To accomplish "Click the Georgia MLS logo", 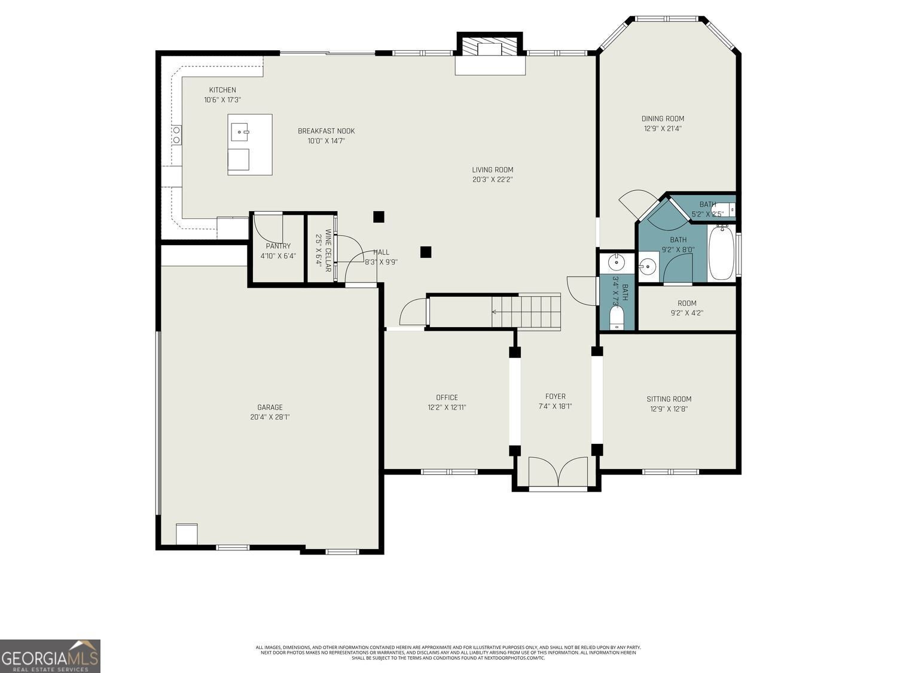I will tap(50, 656).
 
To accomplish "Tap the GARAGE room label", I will tap(270, 407).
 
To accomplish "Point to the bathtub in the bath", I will tap(722, 252).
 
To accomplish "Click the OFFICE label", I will tap(447, 397).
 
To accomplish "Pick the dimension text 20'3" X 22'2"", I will tap(492, 179).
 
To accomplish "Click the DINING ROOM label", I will tap(663, 118).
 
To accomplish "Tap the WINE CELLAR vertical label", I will tap(328, 250).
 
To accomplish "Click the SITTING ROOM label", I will tap(669, 399).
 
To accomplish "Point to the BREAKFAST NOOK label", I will tap(326, 131).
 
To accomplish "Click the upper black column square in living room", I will tap(379, 217).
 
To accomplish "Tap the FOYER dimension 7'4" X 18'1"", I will tap(555, 406).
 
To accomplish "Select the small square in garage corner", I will tap(187, 534).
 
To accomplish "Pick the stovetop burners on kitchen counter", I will tap(177, 135).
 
